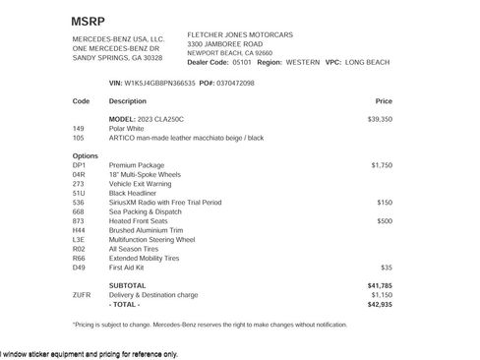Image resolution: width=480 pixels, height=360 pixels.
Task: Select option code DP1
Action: click(x=79, y=165)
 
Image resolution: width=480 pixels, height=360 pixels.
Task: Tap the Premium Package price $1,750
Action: click(x=382, y=165)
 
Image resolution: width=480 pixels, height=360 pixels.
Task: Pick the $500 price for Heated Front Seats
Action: click(x=385, y=221)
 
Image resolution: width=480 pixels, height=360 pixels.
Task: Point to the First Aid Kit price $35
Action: click(x=387, y=268)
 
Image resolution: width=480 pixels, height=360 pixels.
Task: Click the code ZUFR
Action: click(x=82, y=295)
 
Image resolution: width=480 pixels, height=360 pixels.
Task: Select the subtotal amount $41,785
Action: click(x=380, y=285)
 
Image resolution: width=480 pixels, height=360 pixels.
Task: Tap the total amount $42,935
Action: click(x=380, y=304)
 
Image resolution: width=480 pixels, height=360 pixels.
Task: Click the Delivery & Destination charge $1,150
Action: click(x=381, y=295)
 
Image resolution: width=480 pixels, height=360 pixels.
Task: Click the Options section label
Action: click(x=86, y=155)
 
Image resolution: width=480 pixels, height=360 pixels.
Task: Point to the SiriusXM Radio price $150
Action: click(x=385, y=203)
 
